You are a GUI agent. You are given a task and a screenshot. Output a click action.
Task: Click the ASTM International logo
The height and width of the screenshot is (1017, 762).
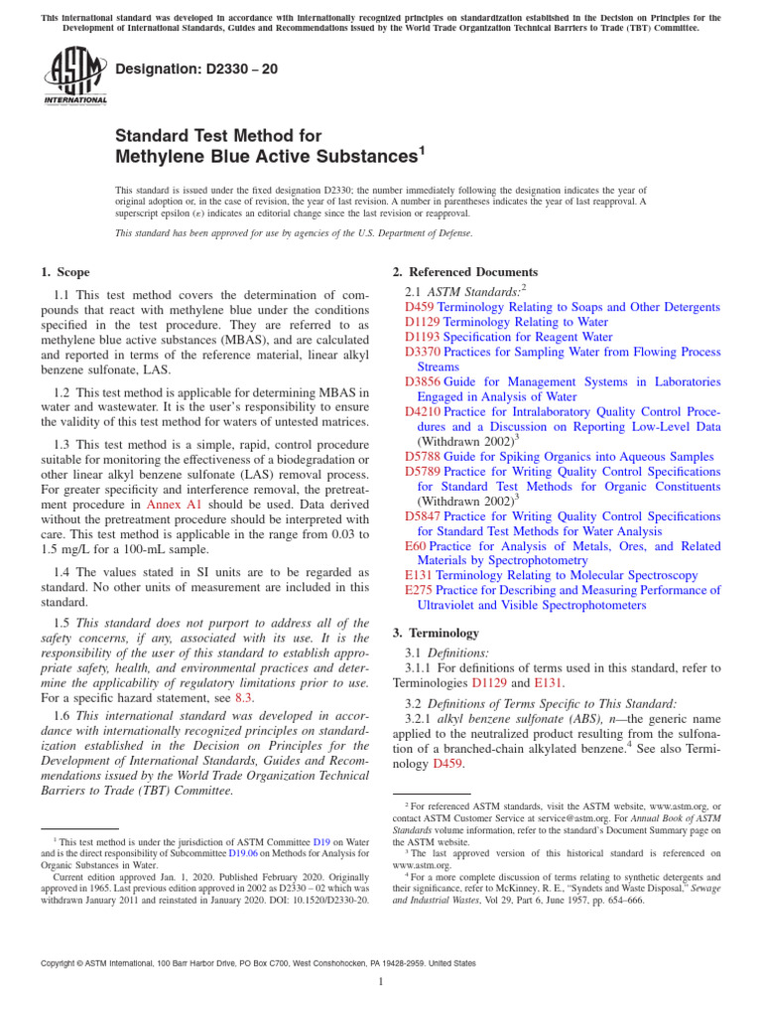pos(75,77)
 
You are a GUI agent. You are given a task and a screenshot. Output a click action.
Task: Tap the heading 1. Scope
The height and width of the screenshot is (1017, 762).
pos(64,272)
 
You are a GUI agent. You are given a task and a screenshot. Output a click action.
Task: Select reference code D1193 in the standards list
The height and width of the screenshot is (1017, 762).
pos(423,337)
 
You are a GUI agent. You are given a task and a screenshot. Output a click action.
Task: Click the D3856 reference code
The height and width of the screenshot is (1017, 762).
pos(423,381)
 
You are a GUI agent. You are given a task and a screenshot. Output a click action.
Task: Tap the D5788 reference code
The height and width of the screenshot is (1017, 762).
pos(423,456)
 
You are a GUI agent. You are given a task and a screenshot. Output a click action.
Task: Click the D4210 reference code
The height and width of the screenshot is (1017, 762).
pos(423,411)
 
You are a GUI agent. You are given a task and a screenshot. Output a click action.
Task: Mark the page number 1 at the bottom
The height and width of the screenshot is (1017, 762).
pos(381,982)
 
